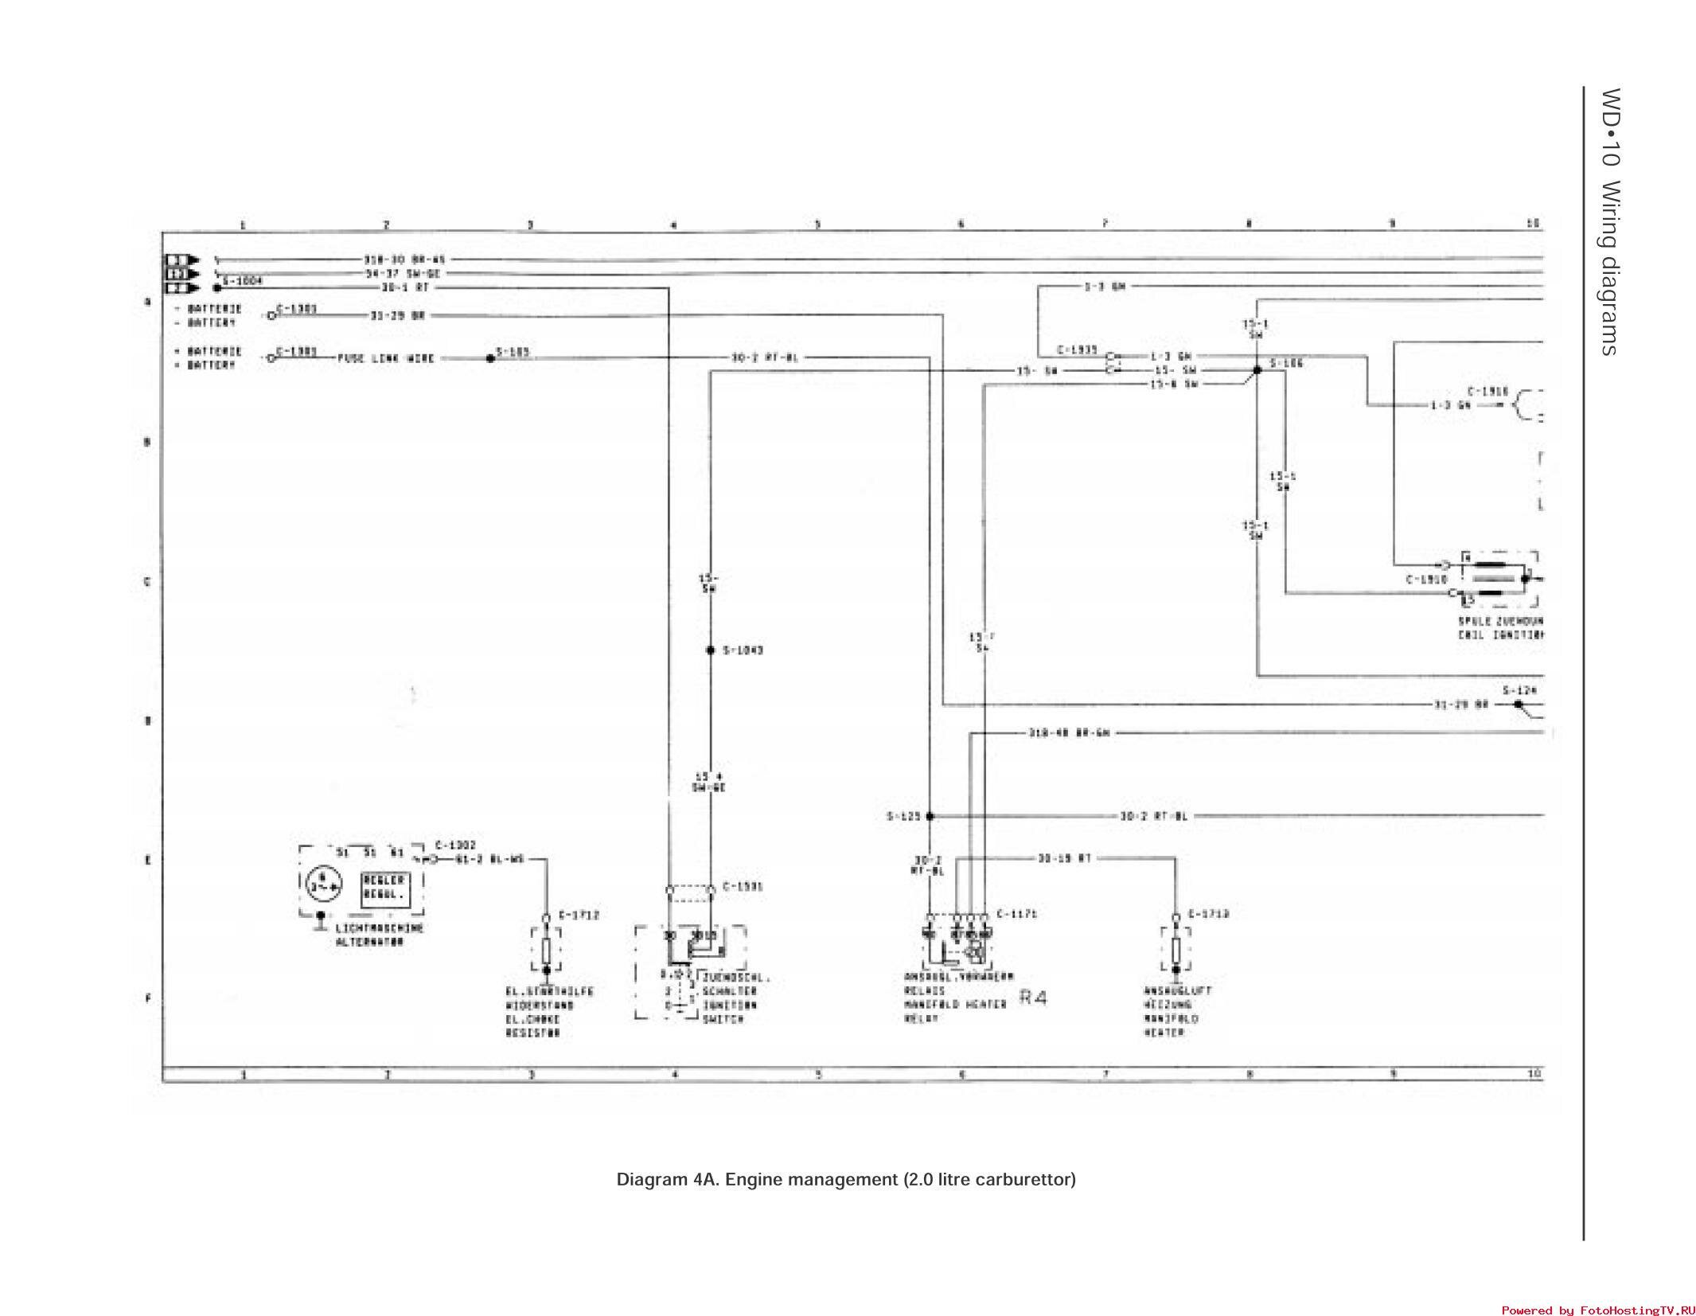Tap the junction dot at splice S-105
coord(490,358)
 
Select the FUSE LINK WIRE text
coord(386,358)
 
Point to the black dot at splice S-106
coord(1257,370)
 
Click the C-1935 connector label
coord(1077,350)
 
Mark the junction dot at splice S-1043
coord(711,650)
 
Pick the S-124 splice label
coord(1519,690)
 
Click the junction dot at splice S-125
coord(930,816)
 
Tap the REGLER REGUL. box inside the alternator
coord(385,887)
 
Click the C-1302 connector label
coord(455,845)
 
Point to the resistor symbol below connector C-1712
coord(546,950)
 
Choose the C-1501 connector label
coord(743,887)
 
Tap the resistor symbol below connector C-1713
coord(1176,950)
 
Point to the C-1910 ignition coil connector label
coord(1427,580)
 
